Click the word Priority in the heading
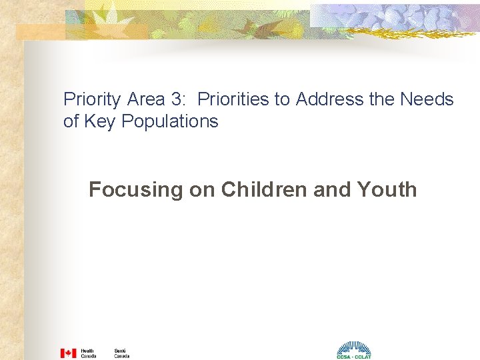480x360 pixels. point(92,100)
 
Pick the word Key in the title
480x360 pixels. point(97,121)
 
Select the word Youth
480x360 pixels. point(387,189)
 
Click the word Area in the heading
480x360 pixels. point(145,99)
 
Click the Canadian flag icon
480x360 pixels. point(69,353)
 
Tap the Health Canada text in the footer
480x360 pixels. point(88,353)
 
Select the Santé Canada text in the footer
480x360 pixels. point(121,353)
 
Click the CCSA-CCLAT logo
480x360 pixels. point(353,350)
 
